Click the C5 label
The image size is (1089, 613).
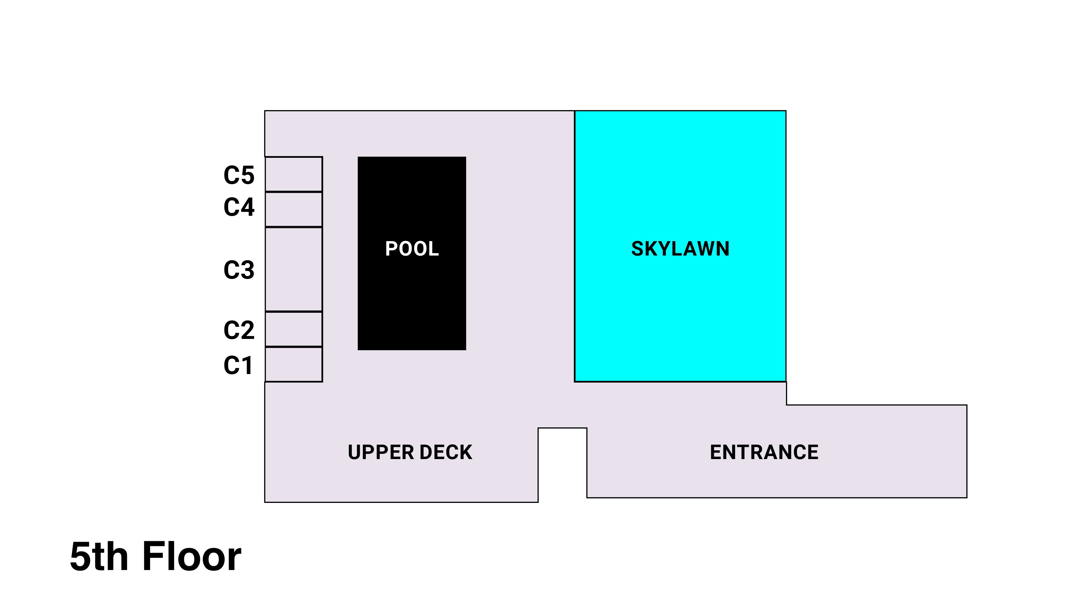tap(239, 175)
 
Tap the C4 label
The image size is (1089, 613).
tap(239, 207)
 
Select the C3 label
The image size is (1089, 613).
tap(239, 270)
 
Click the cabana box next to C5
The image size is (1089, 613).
tap(294, 174)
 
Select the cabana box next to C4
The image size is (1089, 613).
tap(294, 210)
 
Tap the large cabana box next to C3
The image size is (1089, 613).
tap(294, 269)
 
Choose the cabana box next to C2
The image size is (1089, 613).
tap(294, 329)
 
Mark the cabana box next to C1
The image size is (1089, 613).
tap(294, 364)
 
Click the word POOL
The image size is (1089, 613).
tap(412, 249)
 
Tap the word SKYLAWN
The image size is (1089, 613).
tap(680, 249)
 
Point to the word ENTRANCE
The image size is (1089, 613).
tap(764, 452)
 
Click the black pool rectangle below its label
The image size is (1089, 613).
tap(412, 309)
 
